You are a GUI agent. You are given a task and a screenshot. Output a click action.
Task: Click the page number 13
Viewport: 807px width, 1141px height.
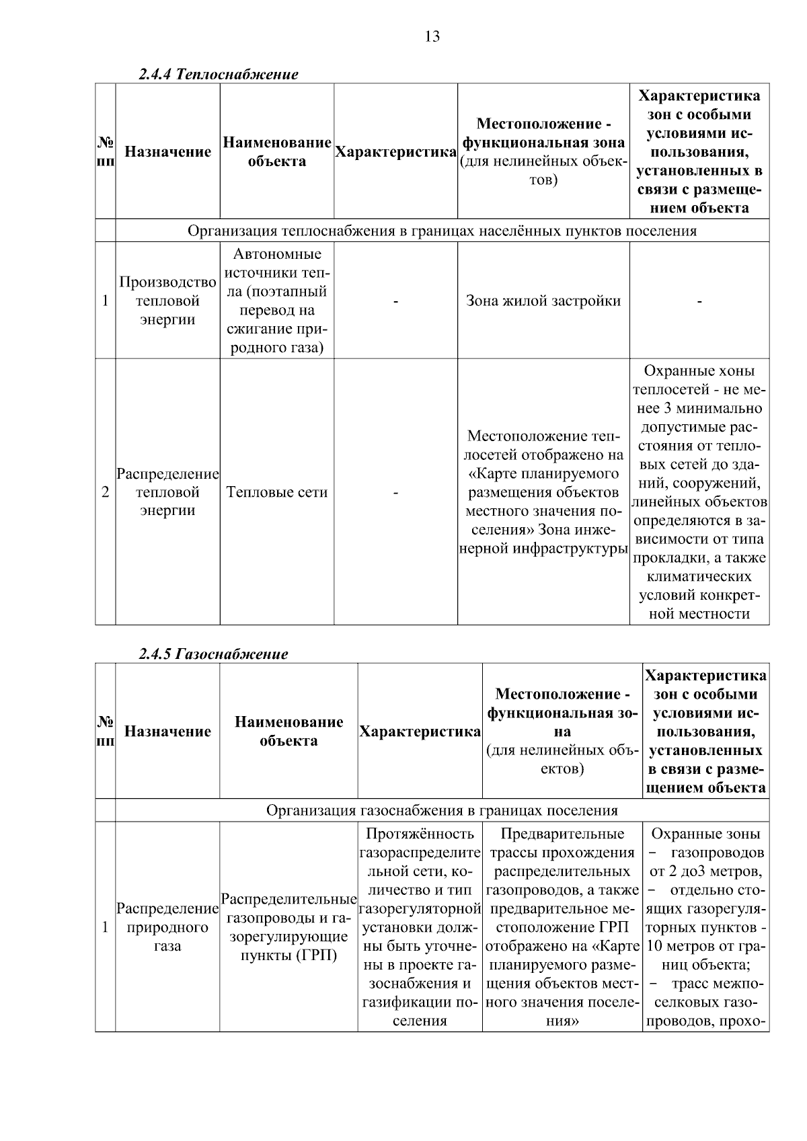pos(432,37)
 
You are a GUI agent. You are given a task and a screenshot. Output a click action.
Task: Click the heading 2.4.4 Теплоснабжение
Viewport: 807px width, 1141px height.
pos(218,74)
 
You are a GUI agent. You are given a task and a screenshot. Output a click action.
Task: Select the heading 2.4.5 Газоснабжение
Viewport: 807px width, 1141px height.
pos(213,654)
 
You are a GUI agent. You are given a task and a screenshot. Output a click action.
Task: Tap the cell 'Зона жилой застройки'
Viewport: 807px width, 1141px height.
pos(543,301)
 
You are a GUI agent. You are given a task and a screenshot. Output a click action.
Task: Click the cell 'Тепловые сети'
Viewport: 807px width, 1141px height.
pos(277,492)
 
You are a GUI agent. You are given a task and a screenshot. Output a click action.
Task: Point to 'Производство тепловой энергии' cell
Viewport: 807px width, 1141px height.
pos(167,301)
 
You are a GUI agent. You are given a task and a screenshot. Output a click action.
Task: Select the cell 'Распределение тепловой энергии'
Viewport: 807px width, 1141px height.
pos(167,492)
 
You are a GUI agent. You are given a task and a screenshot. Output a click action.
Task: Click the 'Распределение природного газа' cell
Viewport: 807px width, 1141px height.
pos(167,927)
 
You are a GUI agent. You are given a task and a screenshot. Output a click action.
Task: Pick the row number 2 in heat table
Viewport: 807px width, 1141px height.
pos(105,492)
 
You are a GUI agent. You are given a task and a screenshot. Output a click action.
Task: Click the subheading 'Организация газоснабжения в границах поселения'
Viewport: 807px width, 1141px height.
pos(442,810)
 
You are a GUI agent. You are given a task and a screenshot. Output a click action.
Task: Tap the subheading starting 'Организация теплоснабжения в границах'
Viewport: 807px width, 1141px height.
pos(442,231)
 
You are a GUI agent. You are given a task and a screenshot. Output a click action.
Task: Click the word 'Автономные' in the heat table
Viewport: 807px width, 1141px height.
pos(277,254)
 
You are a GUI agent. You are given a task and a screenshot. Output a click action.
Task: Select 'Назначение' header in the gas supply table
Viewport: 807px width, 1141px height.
pos(167,732)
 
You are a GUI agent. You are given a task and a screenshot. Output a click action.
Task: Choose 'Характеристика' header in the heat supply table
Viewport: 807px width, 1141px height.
pos(395,152)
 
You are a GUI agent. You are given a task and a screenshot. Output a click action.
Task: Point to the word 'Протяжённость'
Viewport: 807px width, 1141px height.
pos(420,834)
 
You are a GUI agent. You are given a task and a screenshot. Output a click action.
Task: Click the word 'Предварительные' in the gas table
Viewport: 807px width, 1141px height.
pos(562,834)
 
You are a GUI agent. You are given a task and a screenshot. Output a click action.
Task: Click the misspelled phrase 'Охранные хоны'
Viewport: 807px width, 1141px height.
pos(699,371)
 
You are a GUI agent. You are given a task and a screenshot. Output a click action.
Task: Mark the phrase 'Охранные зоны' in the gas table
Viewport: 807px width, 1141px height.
pos(705,834)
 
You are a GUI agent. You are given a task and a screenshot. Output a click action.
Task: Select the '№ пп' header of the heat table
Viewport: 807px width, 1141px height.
pos(105,152)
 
